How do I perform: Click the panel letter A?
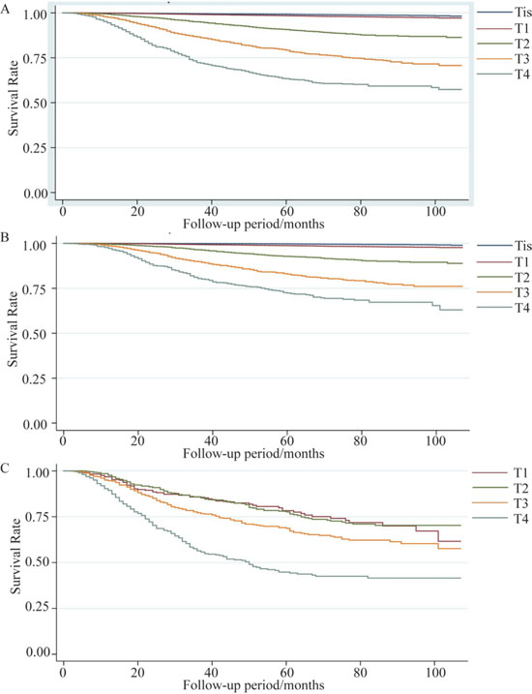[5, 10]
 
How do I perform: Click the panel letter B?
[5, 237]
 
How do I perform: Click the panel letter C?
[5, 468]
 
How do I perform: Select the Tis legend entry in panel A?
[505, 11]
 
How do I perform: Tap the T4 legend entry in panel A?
[503, 74]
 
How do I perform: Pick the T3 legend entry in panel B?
[503, 292]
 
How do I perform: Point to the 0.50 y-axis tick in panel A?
[39, 104]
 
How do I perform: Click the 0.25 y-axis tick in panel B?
[39, 378]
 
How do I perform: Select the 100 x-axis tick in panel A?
[436, 212]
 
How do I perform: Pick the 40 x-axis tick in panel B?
[212, 440]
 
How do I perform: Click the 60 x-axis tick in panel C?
[286, 673]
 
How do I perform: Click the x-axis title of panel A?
[253, 224]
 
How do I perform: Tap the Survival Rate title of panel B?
[14, 328]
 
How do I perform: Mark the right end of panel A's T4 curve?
[461, 89]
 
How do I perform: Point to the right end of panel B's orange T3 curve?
[462, 287]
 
